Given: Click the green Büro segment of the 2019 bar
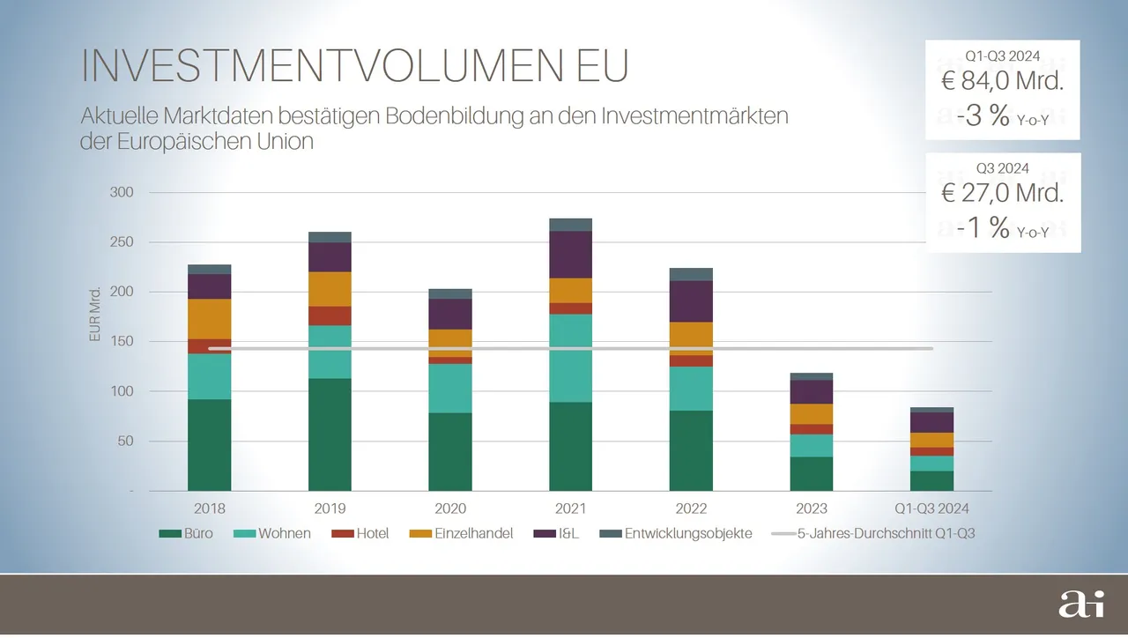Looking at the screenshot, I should click(330, 434).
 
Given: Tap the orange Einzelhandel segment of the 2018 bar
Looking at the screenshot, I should click(209, 319).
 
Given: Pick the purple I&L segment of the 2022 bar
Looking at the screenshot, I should click(691, 301).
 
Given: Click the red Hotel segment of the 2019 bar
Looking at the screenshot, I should click(330, 315).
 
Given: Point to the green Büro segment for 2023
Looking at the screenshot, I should click(812, 473).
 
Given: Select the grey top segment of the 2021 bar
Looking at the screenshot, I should click(570, 225).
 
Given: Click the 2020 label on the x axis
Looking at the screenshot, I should click(450, 508).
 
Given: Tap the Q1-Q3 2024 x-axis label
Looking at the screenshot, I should click(932, 508).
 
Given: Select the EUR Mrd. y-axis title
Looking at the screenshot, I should click(95, 315).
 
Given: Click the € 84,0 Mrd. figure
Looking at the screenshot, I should click(1003, 84).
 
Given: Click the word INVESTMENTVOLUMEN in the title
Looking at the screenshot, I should click(309, 66).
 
